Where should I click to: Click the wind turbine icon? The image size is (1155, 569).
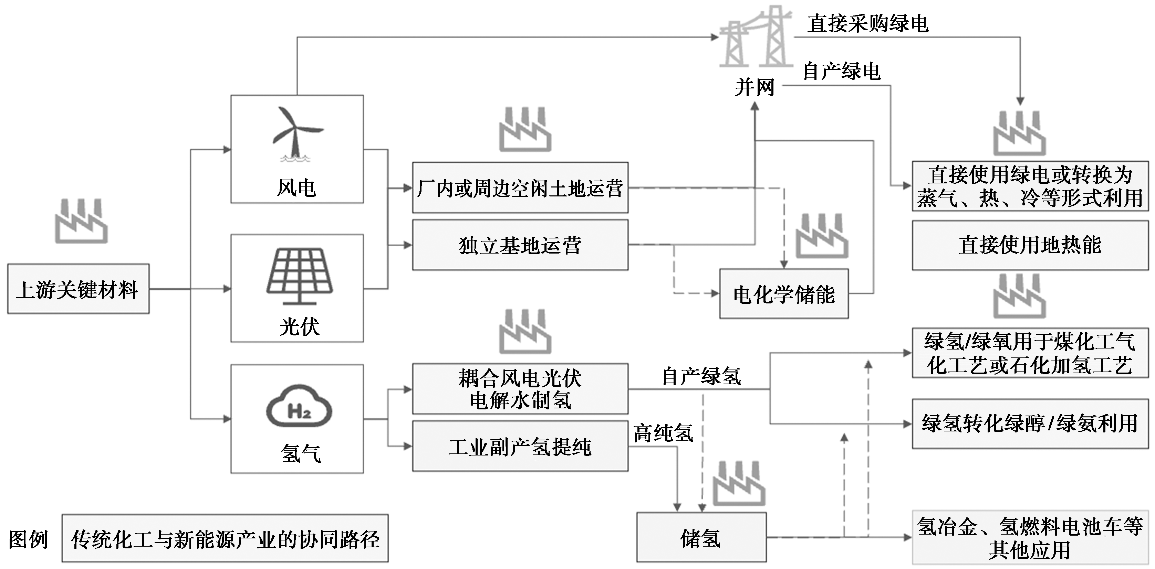pyautogui.click(x=296, y=133)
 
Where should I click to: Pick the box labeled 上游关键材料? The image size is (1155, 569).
pyautogui.click(x=78, y=289)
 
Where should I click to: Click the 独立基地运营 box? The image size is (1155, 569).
pyautogui.click(x=520, y=245)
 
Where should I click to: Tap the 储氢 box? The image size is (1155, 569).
pyautogui.click(x=701, y=537)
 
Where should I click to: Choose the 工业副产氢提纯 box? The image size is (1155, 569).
pyautogui.click(x=520, y=446)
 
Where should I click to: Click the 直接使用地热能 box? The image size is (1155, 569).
pyautogui.click(x=1030, y=245)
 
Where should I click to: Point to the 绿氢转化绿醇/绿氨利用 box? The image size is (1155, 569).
pyautogui.click(x=1030, y=423)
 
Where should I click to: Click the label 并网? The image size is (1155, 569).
pyautogui.click(x=755, y=87)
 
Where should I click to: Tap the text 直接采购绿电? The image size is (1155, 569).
pyautogui.click(x=867, y=23)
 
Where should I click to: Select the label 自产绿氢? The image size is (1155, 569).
pyautogui.click(x=701, y=376)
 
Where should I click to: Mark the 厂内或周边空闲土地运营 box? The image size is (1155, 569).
pyautogui.click(x=520, y=188)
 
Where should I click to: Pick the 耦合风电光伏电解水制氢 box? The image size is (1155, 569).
pyautogui.click(x=520, y=389)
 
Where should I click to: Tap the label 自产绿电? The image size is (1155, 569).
pyautogui.click(x=842, y=71)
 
